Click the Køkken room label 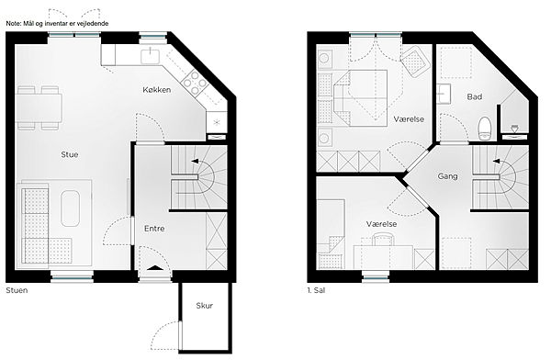point(157,90)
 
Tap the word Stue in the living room point(70,154)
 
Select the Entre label point(154,229)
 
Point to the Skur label point(205,306)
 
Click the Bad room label point(475,96)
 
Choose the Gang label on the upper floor point(447,175)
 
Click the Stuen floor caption point(17,290)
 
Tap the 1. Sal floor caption point(316,290)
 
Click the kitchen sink point(151,56)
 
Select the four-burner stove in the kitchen point(194,83)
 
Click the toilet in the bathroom point(485,129)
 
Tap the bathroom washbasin point(444,94)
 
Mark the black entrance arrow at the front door point(155,268)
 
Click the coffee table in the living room point(71,208)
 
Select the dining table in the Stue point(39,108)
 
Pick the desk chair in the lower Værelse point(383,240)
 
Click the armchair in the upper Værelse point(415,62)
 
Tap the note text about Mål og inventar point(57,24)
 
